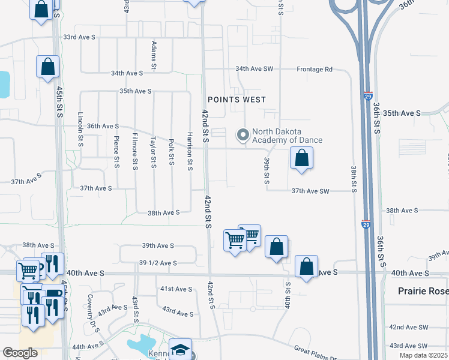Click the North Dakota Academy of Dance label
(287, 136)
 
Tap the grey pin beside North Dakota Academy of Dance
(243, 135)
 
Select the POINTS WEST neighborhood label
(237, 100)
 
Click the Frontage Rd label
(315, 70)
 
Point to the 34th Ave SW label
(254, 69)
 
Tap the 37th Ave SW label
(311, 191)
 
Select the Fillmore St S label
(135, 150)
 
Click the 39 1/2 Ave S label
(158, 263)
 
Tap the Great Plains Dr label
(315, 352)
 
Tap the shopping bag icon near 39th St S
(301, 159)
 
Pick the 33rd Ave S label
(79, 37)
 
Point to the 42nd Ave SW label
(408, 328)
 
